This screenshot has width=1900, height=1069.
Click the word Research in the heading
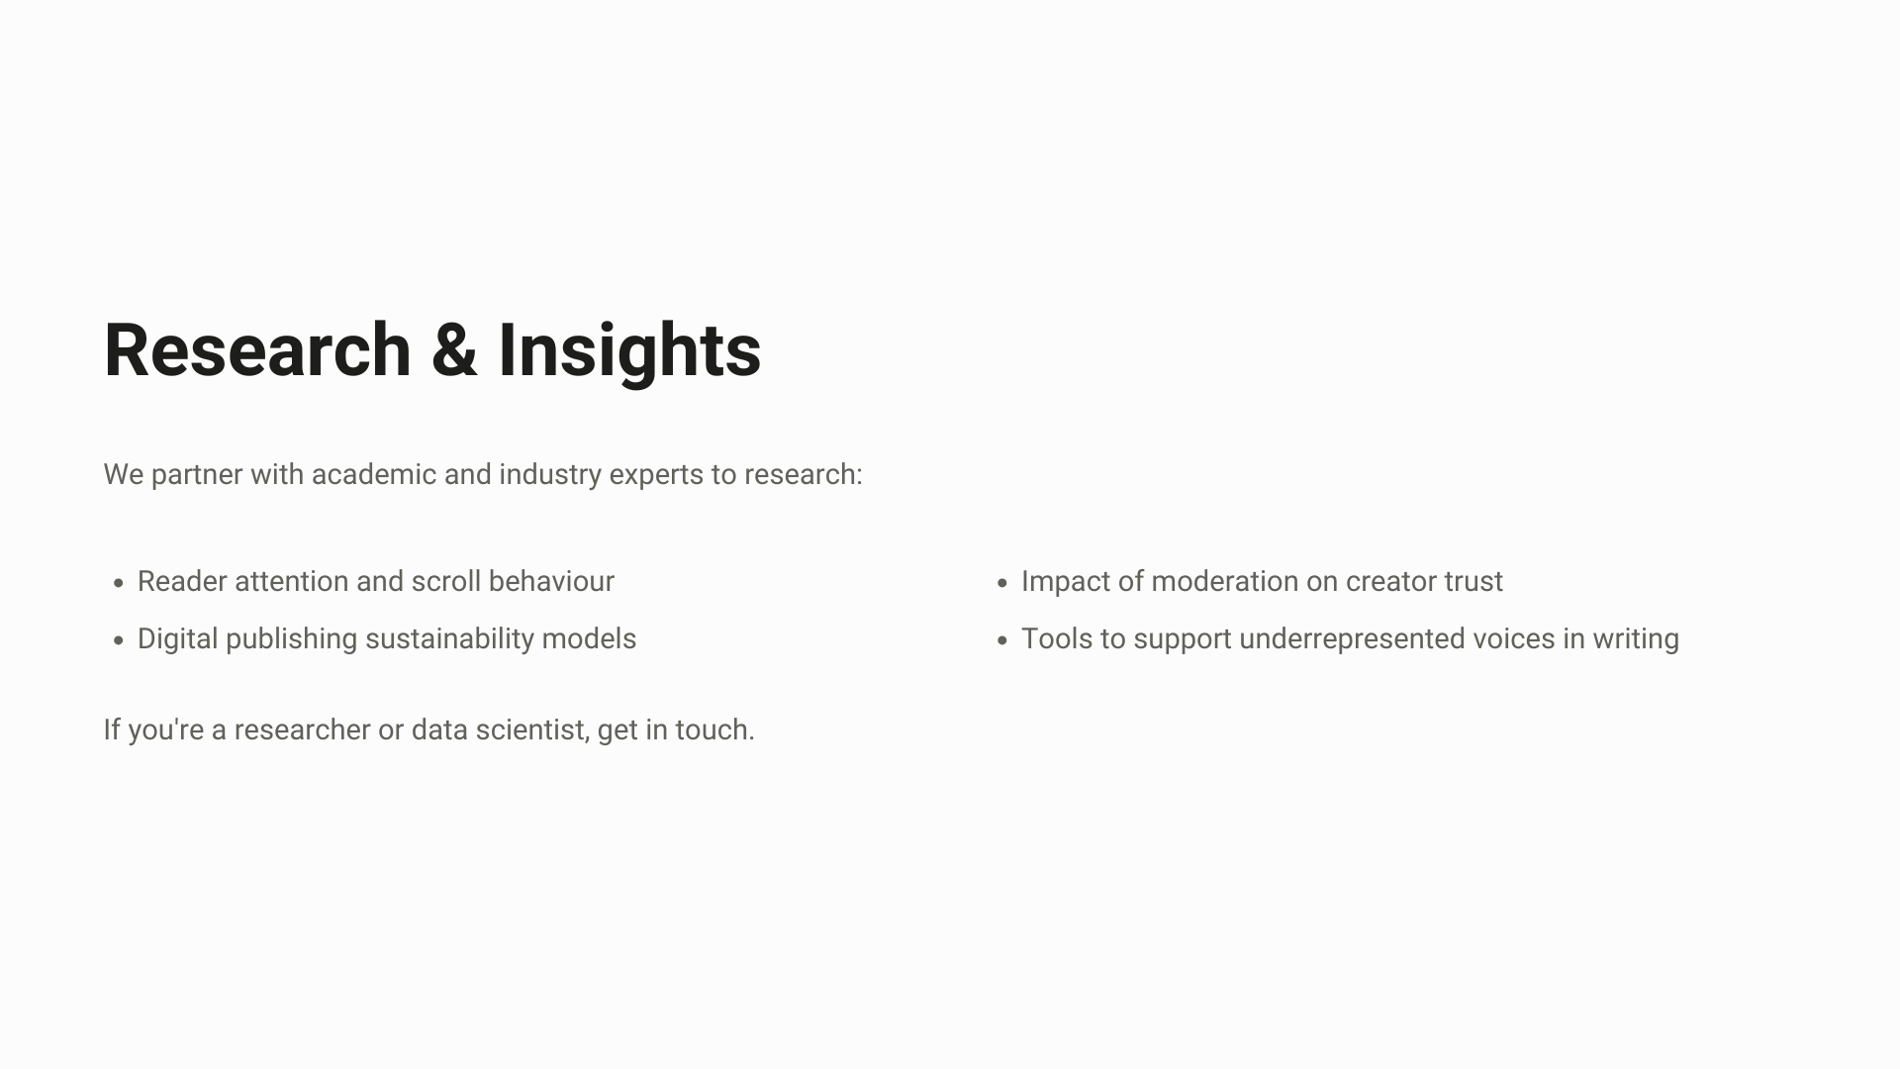pos(257,350)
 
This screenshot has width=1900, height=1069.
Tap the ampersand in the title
pos(454,350)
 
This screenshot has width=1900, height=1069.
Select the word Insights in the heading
pos(629,352)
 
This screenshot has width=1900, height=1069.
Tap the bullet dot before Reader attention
pos(119,583)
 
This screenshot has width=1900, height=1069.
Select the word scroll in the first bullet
pos(446,581)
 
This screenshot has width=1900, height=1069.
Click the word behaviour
pos(551,581)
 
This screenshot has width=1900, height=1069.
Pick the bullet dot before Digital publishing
pos(119,640)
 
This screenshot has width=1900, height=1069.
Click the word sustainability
pos(449,639)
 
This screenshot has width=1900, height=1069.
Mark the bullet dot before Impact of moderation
pos(1002,583)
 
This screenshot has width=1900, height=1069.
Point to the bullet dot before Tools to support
pos(1002,640)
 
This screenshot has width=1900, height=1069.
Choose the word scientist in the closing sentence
pos(533,730)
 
